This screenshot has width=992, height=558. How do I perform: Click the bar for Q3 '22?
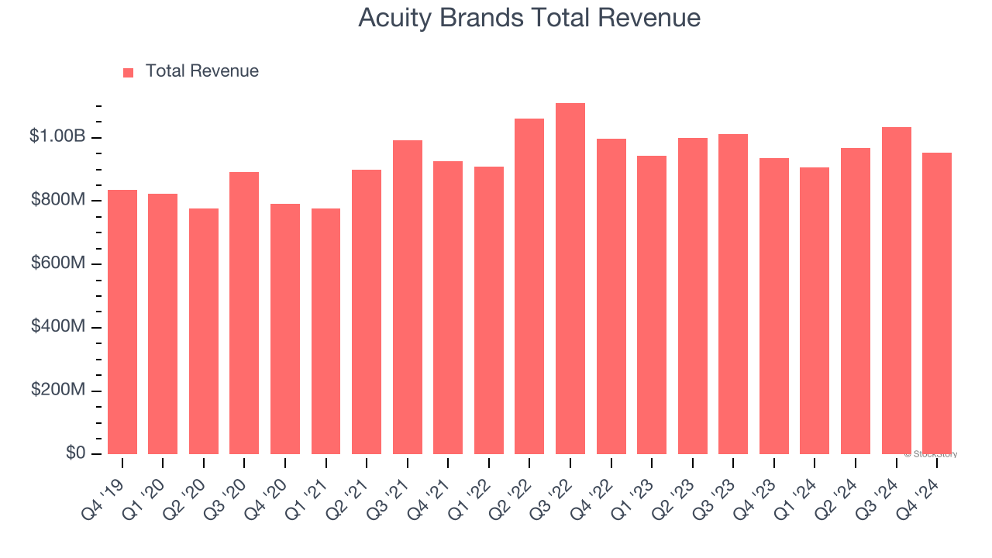point(570,279)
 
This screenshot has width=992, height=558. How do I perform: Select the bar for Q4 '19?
point(122,322)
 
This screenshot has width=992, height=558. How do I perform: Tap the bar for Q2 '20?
point(204,331)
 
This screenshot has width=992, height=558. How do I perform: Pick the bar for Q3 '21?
point(408,297)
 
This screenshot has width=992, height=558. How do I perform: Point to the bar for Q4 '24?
point(937,303)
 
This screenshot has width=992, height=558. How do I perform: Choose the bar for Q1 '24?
point(815,310)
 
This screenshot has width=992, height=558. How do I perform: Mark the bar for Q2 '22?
point(529,286)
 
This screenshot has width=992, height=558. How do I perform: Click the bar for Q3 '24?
point(896,291)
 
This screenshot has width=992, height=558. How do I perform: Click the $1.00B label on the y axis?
point(57,136)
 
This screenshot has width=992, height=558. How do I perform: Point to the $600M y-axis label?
point(58,263)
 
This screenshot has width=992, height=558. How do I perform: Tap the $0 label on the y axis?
point(75,453)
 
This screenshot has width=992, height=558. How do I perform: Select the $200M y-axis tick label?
point(58,390)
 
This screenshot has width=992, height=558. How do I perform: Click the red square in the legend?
point(129,73)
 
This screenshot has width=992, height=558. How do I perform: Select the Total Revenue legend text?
point(201,71)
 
